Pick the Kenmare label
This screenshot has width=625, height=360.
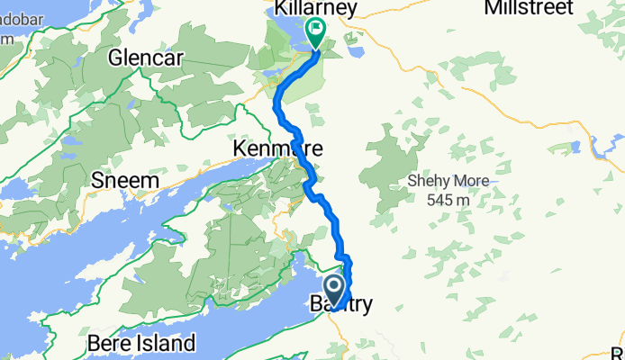click(277, 147)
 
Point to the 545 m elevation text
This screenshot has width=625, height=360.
click(448, 198)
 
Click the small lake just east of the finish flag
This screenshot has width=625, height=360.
click(354, 51)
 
